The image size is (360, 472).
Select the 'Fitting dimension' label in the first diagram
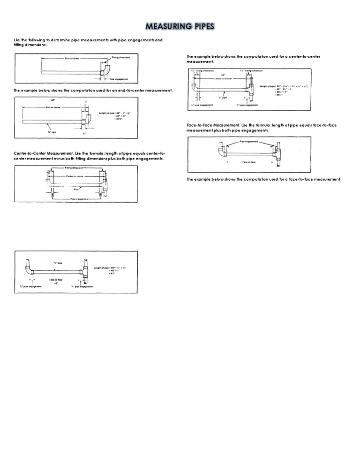[x=121, y=57]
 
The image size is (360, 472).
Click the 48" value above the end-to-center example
[x=52, y=100]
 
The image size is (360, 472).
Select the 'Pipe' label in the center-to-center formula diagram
[x=76, y=189]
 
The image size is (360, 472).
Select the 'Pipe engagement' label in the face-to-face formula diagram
[x=249, y=141]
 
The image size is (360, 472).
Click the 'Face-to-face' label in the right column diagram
[x=249, y=161]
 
